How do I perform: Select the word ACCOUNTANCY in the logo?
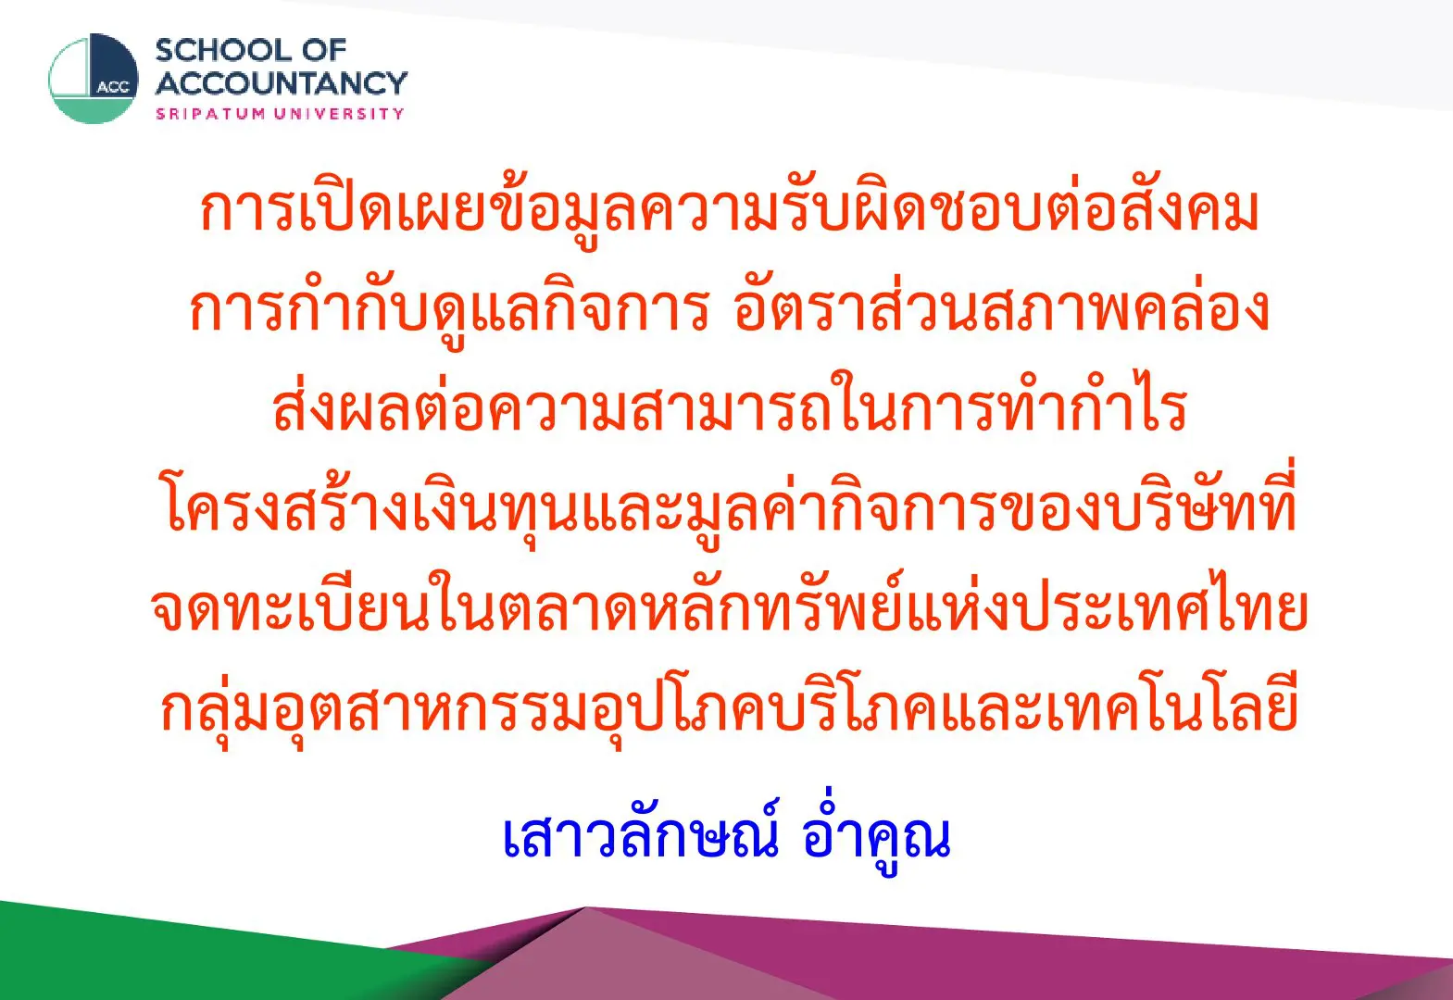point(282,82)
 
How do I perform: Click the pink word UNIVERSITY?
point(339,114)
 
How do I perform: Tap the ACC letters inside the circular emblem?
point(113,87)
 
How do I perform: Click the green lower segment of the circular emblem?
point(94,110)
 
